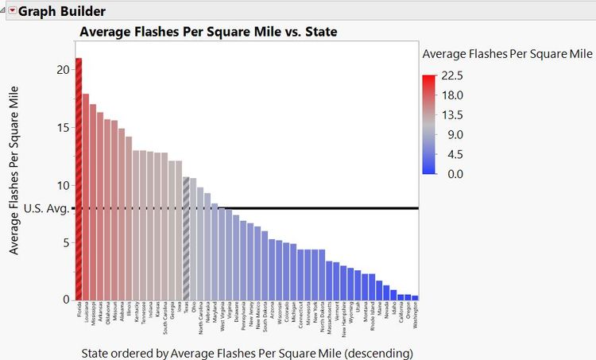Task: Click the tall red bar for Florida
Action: [x=79, y=179]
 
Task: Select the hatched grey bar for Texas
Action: [x=186, y=238]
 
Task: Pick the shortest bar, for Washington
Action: [x=415, y=297]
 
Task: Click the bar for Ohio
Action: [x=193, y=239]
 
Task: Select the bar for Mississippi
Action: [x=93, y=202]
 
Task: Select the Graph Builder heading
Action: [x=63, y=11]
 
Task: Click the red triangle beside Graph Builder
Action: [x=11, y=11]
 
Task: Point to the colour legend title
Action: [x=507, y=54]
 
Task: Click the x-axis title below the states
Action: [x=247, y=350]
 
